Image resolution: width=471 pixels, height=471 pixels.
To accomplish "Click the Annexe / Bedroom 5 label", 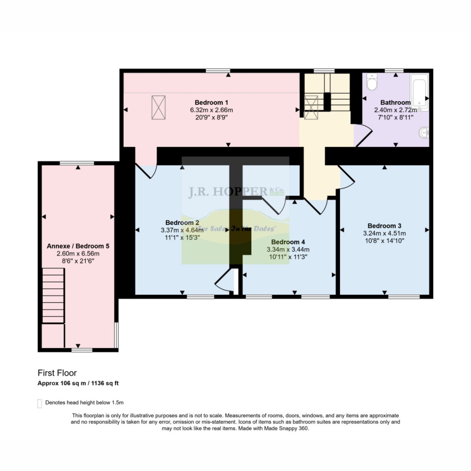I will [x=78, y=246].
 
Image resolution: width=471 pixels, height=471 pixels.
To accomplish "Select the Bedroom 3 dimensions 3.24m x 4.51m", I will [x=384, y=233].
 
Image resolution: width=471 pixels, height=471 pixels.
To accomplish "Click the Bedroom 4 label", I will [x=288, y=242].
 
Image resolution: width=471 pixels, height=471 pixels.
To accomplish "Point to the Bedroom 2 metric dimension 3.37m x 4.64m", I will [x=182, y=230].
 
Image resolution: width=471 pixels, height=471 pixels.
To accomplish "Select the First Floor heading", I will [x=57, y=373].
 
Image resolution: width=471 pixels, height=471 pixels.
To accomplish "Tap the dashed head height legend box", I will [x=39, y=403].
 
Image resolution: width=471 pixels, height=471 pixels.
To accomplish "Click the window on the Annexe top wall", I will [x=77, y=163].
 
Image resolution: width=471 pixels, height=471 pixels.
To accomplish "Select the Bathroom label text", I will [x=395, y=103].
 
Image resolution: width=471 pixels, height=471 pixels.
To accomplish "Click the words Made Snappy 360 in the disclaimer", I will [x=290, y=428].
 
